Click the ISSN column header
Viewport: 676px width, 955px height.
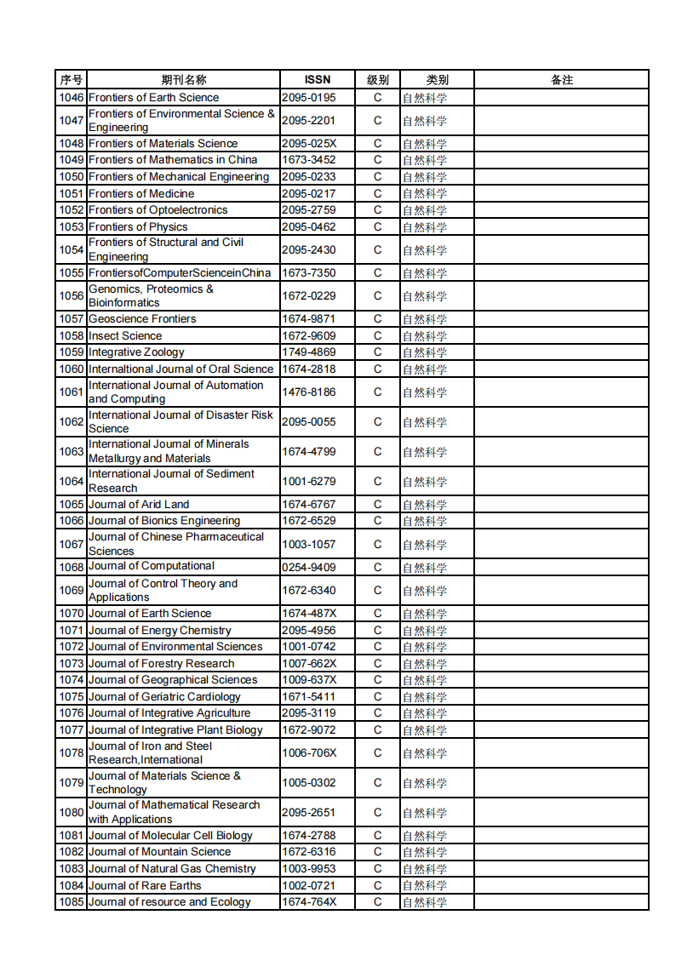[318, 80]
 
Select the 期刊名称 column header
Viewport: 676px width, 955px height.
[184, 80]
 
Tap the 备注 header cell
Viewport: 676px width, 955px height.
[562, 80]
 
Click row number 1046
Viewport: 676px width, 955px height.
[72, 98]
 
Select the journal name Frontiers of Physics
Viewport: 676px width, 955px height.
[138, 227]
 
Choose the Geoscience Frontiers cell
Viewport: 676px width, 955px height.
[142, 319]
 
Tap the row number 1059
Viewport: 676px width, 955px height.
[72, 352]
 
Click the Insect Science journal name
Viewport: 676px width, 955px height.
[124, 336]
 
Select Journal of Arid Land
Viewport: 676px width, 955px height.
[139, 505]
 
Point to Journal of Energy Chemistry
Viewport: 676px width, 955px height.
[159, 631]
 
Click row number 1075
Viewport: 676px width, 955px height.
[72, 697]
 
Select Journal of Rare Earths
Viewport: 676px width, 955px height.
[145, 886]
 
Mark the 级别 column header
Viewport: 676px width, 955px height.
[378, 80]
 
